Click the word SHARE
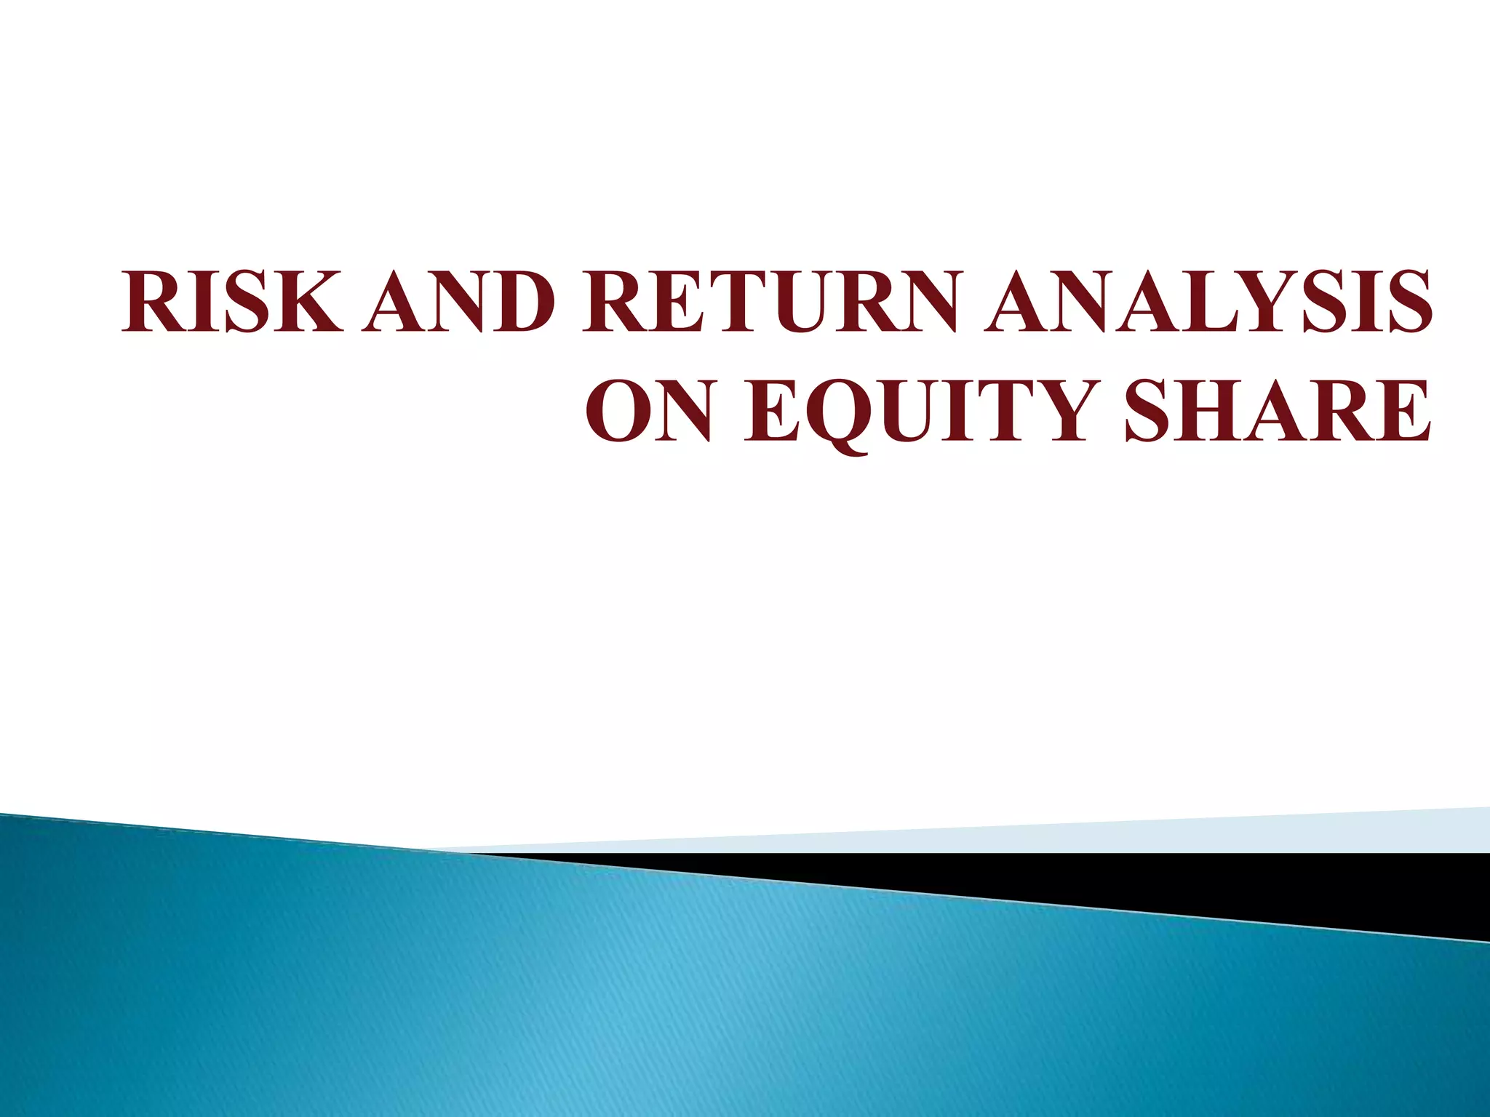pos(1278,410)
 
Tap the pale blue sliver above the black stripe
pos(1237,836)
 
